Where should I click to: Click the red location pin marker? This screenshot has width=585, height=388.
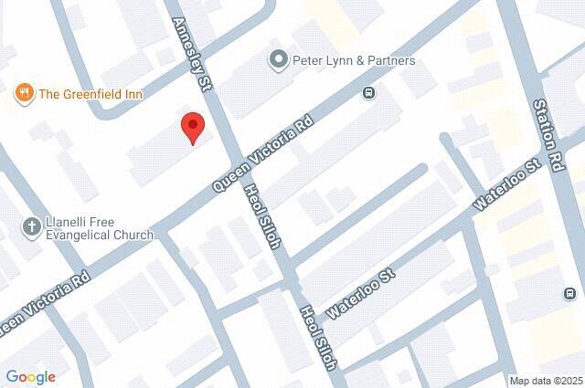[x=191, y=127]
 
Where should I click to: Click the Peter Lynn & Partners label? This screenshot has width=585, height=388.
[x=354, y=61]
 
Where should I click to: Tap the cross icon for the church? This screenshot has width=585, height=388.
[x=30, y=227]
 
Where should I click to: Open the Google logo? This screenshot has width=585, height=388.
[x=30, y=376]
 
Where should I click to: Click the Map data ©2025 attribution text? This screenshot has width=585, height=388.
[x=545, y=381]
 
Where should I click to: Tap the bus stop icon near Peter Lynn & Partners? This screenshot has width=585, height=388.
[x=369, y=92]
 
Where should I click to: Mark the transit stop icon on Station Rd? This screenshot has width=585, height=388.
[x=569, y=294]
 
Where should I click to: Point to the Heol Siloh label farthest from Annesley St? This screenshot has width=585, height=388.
[x=316, y=335]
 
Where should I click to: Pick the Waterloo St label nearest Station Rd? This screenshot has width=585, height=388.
[x=496, y=187]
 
